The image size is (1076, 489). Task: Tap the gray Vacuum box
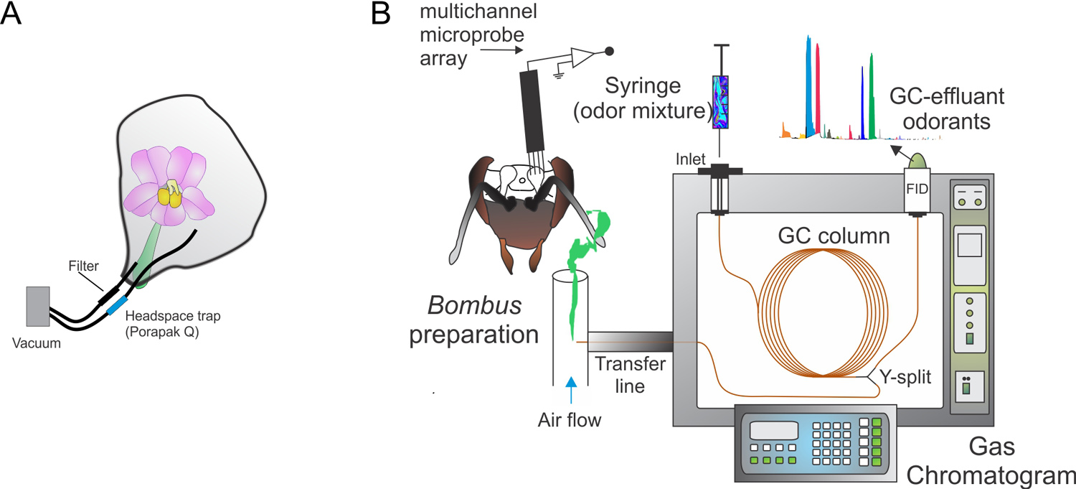[38, 307]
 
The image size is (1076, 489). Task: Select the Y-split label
[909, 375]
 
